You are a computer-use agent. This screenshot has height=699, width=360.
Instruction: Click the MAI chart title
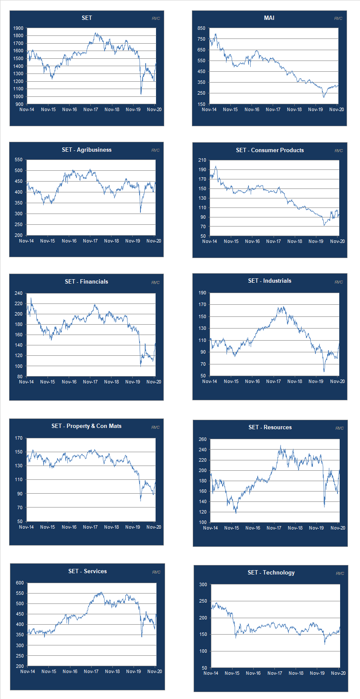(x=269, y=18)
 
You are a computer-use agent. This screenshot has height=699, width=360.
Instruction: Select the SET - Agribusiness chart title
(x=86, y=150)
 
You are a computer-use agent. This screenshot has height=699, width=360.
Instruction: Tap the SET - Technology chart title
(x=271, y=572)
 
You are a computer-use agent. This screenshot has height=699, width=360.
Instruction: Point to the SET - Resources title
(x=270, y=427)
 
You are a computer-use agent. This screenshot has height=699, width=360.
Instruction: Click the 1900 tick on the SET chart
(x=18, y=28)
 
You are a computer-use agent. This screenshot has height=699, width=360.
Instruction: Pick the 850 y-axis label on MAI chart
(x=201, y=28)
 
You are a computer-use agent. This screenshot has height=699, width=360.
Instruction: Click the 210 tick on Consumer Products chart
(x=202, y=160)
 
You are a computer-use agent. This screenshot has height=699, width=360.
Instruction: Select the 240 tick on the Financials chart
(x=18, y=293)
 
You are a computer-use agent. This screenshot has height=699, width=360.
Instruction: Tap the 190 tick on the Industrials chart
(x=202, y=293)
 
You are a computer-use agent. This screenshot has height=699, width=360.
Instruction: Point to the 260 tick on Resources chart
(x=202, y=439)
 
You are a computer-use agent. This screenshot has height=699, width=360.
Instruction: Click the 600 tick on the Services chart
(x=20, y=583)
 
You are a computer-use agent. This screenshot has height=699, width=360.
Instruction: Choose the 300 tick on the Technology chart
(x=203, y=584)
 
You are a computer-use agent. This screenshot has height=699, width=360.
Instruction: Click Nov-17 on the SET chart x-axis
(x=91, y=109)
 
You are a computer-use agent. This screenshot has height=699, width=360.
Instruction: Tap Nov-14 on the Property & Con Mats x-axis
(x=26, y=527)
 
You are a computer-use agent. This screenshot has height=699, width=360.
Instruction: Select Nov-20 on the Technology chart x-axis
(x=338, y=673)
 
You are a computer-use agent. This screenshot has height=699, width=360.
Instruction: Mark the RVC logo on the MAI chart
(x=338, y=18)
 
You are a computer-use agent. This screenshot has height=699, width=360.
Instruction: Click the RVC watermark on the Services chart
(x=156, y=572)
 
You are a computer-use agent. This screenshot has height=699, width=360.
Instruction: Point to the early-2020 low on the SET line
(x=141, y=94)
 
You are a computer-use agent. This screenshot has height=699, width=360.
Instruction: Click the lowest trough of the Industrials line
(x=324, y=371)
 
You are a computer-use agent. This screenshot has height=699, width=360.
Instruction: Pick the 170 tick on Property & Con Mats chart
(x=19, y=438)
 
